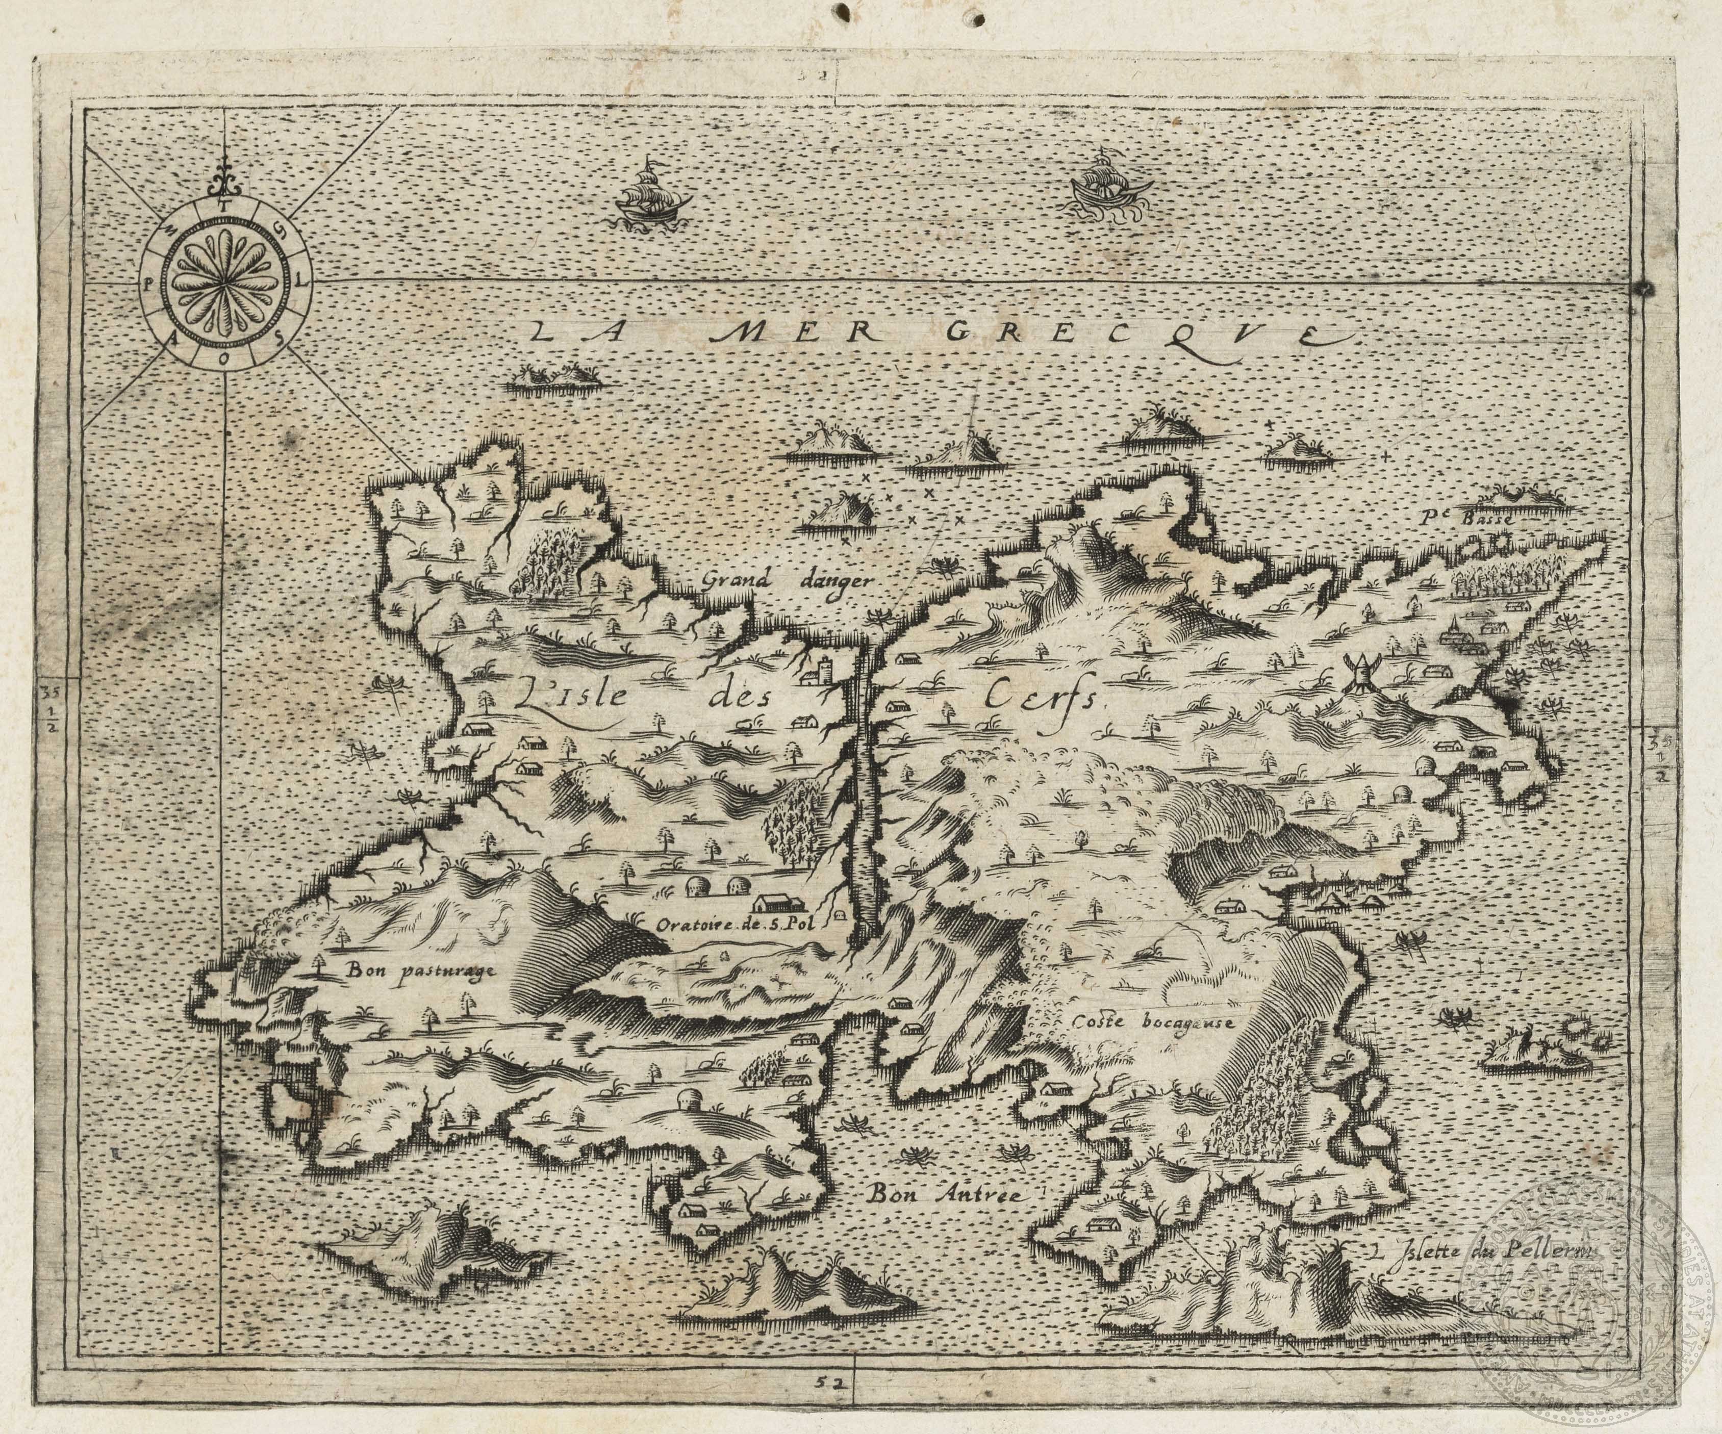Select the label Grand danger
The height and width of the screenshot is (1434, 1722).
[x=789, y=580]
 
